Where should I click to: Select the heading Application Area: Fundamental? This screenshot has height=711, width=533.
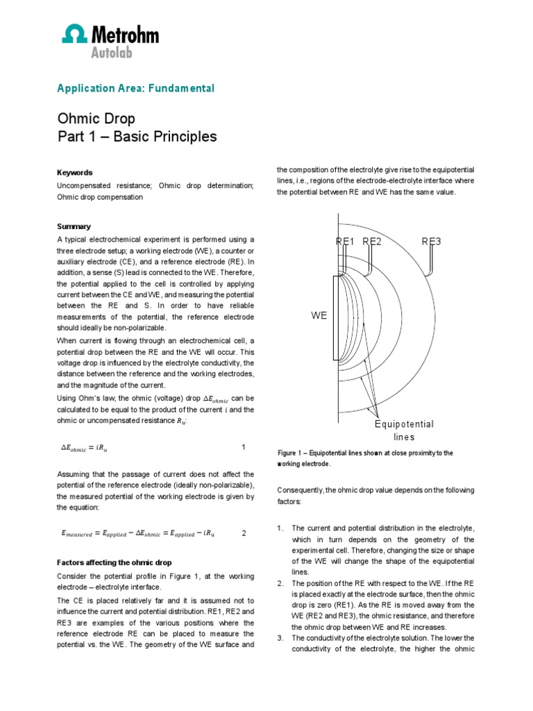[135, 88]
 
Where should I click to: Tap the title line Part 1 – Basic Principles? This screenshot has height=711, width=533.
[136, 137]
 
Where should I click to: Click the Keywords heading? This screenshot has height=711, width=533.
[74, 172]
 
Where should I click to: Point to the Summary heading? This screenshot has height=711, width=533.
[73, 226]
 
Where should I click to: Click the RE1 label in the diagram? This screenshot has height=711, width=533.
[345, 242]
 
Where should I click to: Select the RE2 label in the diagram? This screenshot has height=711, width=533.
[372, 242]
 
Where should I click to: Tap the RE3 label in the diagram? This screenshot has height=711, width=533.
[432, 242]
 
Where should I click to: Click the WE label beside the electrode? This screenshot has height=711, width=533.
[319, 315]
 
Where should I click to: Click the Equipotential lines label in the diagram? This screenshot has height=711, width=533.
[404, 430]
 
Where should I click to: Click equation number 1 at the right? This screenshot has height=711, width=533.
[243, 446]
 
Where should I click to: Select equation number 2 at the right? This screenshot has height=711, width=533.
[243, 533]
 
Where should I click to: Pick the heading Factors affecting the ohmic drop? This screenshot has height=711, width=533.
[114, 562]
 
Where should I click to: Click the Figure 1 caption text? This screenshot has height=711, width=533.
[364, 458]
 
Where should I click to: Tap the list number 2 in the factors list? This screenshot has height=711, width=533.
[280, 583]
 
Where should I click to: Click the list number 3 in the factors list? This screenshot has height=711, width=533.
[280, 637]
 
